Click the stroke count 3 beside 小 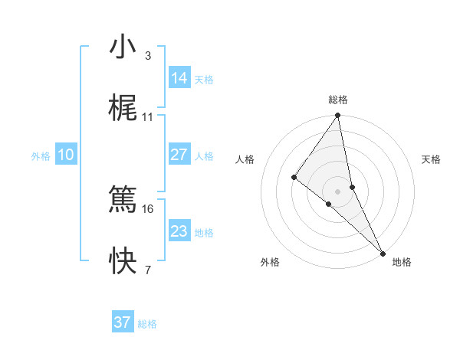coord(147,56)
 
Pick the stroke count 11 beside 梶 coord(148,117)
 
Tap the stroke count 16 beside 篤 coord(148,208)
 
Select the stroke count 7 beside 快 coord(147,270)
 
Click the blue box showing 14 coord(179,78)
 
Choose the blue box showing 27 coord(179,155)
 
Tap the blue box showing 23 coord(179,231)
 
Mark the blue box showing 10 coord(66,155)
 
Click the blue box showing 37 coord(123,322)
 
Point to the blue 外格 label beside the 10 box coord(41,156)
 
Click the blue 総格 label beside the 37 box coord(147,324)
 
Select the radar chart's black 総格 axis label coord(338,100)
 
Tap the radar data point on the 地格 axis coord(383,252)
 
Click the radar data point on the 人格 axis coord(294,177)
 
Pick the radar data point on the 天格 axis coord(352,187)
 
